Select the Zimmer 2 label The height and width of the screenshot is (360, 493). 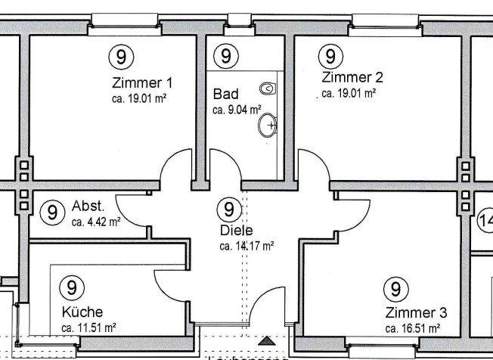tap(352, 77)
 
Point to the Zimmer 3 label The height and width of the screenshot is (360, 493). tap(416, 313)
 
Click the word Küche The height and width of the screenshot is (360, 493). tap(83, 312)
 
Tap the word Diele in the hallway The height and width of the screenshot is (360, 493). tap(236, 231)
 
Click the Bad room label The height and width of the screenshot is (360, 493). tap(225, 95)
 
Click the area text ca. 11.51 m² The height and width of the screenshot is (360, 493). tap(88, 327)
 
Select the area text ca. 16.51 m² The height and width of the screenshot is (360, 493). tap(413, 329)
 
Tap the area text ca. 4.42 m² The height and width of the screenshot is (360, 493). tap(96, 222)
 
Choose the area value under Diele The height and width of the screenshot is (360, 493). tap(246, 246)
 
